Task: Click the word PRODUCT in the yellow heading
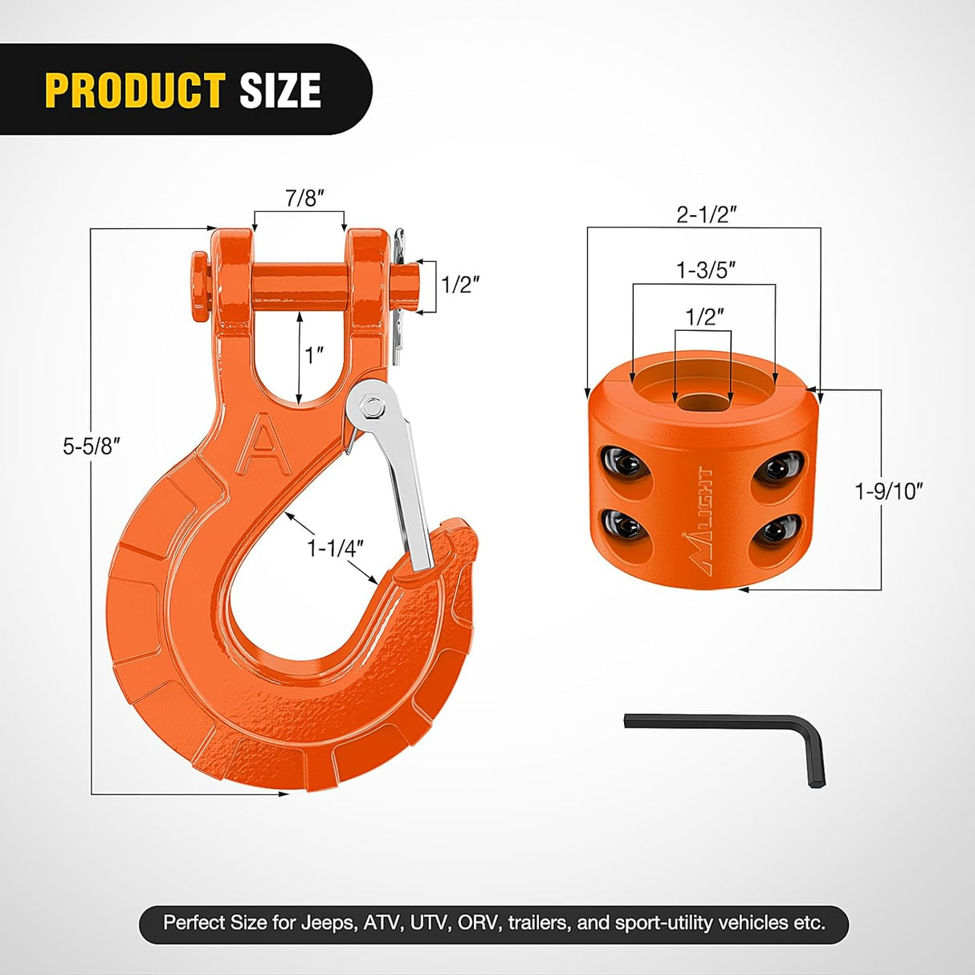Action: pos(134,90)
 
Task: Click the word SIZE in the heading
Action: pos(280,90)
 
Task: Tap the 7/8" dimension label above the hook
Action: pos(304,198)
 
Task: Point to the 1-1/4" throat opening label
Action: pos(335,548)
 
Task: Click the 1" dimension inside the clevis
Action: pos(314,354)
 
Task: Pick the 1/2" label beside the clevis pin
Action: pos(460,284)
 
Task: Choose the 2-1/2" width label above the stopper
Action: pos(706,214)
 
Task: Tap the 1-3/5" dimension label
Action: pos(705,270)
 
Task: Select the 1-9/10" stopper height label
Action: pos(888,491)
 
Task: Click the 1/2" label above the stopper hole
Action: pos(704,316)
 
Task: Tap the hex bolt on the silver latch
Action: pos(372,407)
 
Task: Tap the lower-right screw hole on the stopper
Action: pos(777,530)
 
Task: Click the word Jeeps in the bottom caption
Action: pos(328,923)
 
